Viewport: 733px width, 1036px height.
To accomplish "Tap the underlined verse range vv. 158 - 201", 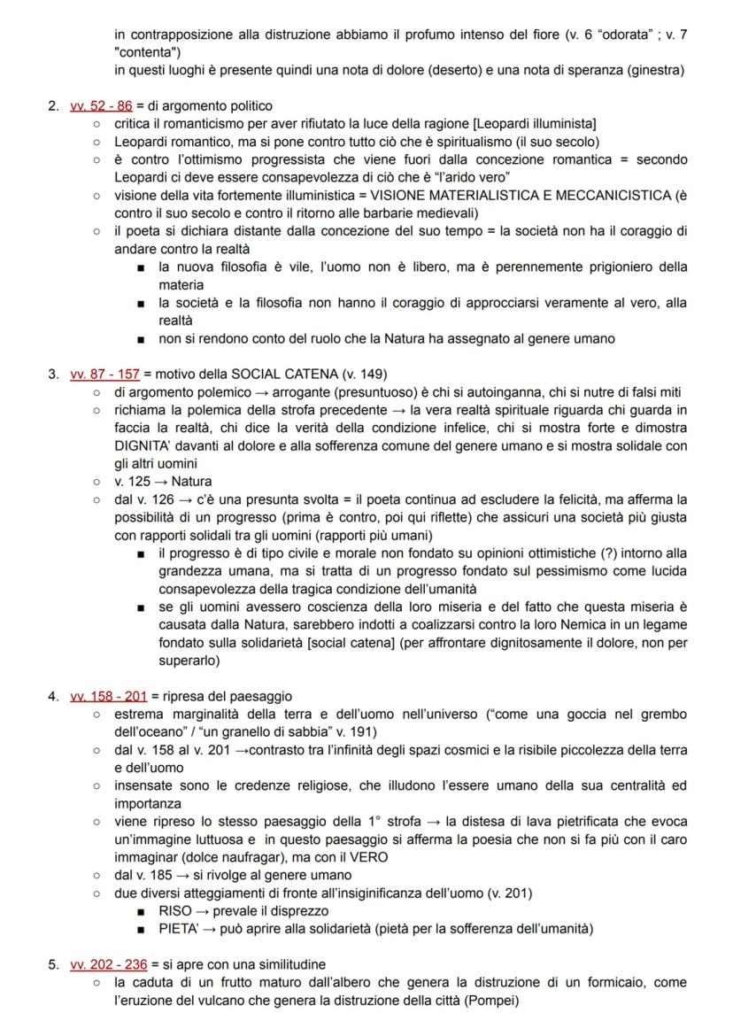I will click(x=108, y=696).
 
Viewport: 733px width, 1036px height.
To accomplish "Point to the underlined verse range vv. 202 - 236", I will click(x=108, y=964).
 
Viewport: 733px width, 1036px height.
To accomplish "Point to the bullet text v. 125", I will click(x=139, y=482).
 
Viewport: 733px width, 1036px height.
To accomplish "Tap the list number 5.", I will click(x=52, y=964).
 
